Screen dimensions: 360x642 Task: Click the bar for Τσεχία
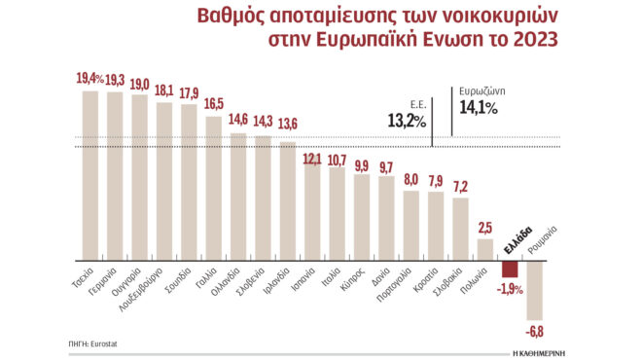90,175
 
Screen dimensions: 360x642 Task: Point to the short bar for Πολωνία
485,249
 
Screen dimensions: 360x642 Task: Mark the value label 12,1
312,157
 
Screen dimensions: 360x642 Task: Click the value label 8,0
411,180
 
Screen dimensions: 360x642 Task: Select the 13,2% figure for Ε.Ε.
406,120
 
